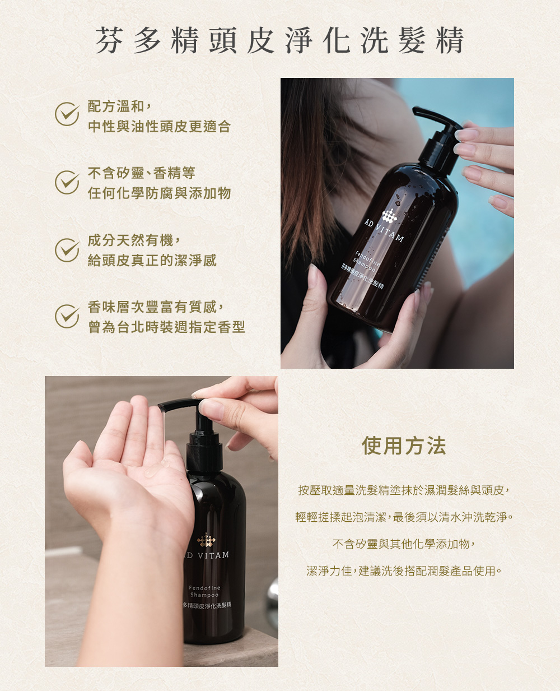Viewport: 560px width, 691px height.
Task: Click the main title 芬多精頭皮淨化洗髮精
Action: pyautogui.click(x=280, y=40)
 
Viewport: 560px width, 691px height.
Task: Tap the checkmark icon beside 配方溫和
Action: pyautogui.click(x=67, y=114)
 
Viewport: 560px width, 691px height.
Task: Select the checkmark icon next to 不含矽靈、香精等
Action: pyautogui.click(x=67, y=182)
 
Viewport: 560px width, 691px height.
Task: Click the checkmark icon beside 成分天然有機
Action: pyautogui.click(x=67, y=250)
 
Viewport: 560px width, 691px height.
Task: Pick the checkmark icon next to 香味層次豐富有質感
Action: pyautogui.click(x=67, y=316)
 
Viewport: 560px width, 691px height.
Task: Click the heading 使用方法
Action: pyautogui.click(x=404, y=446)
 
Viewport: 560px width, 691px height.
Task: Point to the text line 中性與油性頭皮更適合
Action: pyautogui.click(x=159, y=127)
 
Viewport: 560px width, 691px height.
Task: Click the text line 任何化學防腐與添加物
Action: pyautogui.click(x=159, y=193)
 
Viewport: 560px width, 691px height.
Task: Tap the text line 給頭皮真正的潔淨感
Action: pyautogui.click(x=152, y=260)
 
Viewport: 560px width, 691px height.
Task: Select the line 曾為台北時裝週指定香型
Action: pyautogui.click(x=166, y=327)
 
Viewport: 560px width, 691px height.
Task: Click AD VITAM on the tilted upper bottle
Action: pyautogui.click(x=384, y=231)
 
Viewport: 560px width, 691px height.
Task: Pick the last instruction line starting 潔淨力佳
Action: pyautogui.click(x=404, y=571)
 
